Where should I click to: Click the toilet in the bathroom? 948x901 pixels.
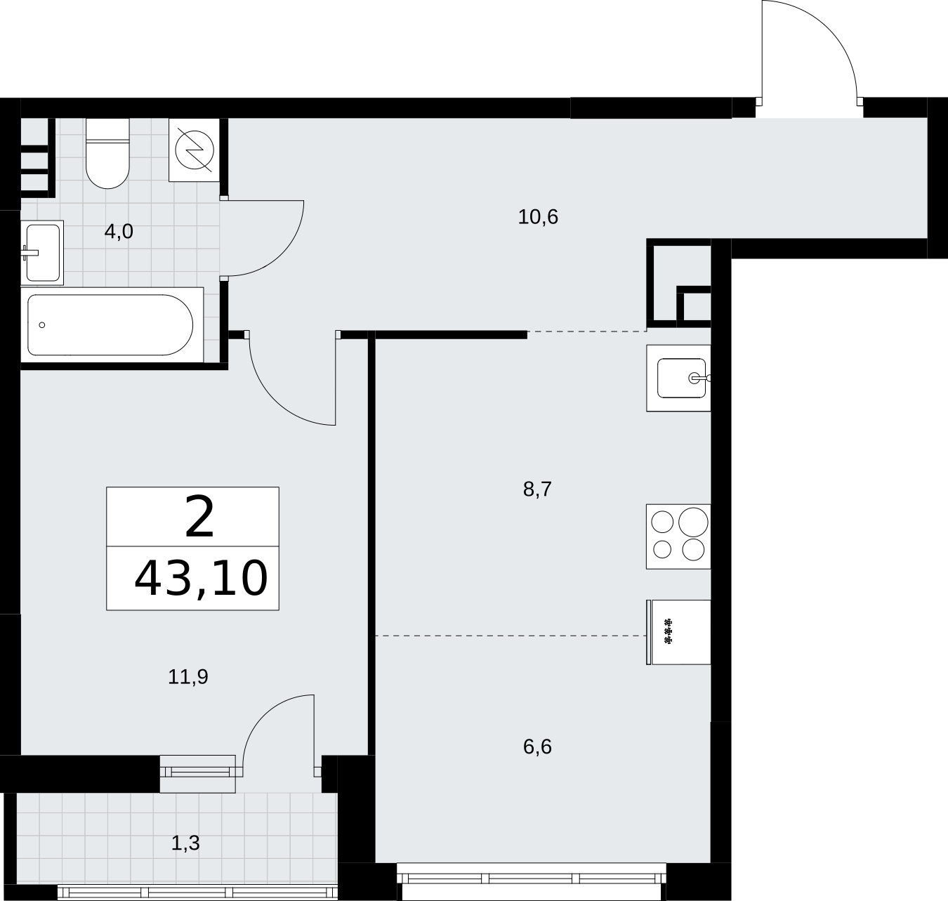pos(107,153)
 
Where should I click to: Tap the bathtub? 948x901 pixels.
pos(112,324)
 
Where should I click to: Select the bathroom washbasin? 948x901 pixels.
pos(42,252)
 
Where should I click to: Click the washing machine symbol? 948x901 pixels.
pos(195,150)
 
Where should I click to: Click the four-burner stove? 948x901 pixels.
pos(678,537)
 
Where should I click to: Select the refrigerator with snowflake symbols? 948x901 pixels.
pos(678,632)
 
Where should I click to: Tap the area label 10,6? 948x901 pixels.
pos(538,217)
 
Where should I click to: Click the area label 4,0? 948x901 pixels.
pos(119,232)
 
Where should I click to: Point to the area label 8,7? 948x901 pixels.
pos(537,489)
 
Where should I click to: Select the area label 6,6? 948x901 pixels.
pos(537,747)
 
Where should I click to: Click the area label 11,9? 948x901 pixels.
pos(188,677)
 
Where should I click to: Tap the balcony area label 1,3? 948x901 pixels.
pos(185,843)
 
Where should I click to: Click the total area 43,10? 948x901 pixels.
pos(201,579)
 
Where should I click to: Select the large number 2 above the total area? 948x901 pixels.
pos(199,518)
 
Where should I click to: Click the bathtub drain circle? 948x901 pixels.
pos(42,325)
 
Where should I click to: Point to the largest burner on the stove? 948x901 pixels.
pos(693,522)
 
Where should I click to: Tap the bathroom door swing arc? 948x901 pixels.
pos(282,254)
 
